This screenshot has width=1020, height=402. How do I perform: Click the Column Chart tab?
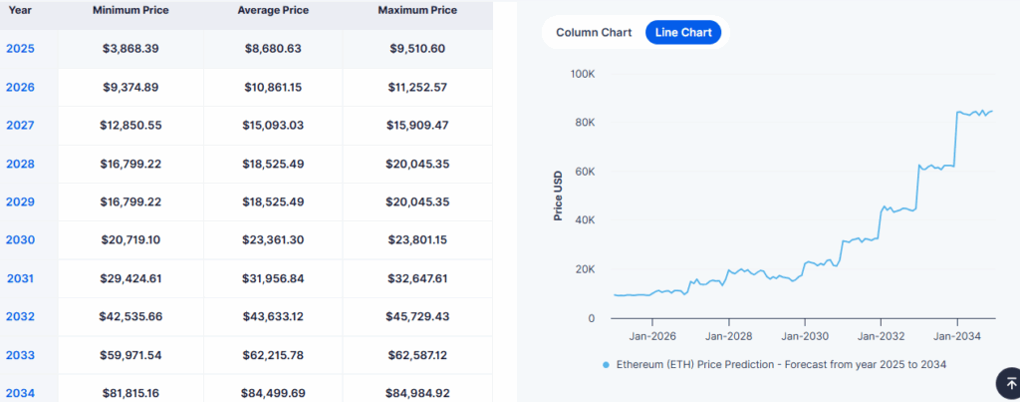[x=594, y=32]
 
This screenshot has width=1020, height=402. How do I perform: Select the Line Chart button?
[x=682, y=32]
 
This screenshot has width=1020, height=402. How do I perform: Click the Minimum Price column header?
[x=130, y=11]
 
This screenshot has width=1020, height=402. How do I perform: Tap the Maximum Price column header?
[x=417, y=11]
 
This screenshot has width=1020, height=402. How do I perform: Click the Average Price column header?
[x=273, y=11]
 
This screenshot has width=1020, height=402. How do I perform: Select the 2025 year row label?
[x=20, y=49]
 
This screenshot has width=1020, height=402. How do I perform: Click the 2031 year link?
[x=20, y=278]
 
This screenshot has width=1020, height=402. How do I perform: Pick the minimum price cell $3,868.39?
[x=130, y=49]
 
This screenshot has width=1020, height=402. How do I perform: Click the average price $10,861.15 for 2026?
[x=273, y=87]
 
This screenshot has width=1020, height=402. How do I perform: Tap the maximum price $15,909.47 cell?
[x=417, y=126]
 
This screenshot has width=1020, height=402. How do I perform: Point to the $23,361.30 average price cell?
[x=273, y=240]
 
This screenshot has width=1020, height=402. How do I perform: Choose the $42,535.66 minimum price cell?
[x=130, y=317]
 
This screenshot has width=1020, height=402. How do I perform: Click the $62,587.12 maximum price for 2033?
[x=417, y=355]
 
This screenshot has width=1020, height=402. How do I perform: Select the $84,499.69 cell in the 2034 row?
[x=273, y=393]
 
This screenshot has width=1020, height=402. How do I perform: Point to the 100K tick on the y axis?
[x=582, y=74]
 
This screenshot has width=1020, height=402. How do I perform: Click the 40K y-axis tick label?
[x=585, y=220]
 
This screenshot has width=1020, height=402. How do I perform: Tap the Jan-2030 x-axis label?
[x=804, y=337]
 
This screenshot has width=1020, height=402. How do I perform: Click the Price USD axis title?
[x=559, y=195]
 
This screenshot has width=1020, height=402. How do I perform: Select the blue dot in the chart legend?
[x=606, y=365]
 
